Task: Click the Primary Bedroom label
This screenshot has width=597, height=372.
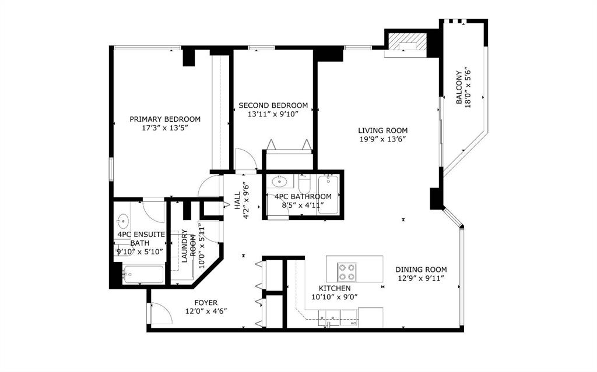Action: pyautogui.click(x=165, y=119)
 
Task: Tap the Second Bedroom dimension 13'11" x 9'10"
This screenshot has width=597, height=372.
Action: pyautogui.click(x=273, y=114)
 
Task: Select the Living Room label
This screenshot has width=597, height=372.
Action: pyautogui.click(x=382, y=130)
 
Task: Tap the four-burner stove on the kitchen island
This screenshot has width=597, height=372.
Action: pyautogui.click(x=346, y=272)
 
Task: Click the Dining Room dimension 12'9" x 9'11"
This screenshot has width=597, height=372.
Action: pyautogui.click(x=421, y=278)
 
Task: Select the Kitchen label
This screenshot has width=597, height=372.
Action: pyautogui.click(x=335, y=288)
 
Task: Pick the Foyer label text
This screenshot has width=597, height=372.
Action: pyautogui.click(x=206, y=303)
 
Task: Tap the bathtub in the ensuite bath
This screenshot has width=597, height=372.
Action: pyautogui.click(x=143, y=274)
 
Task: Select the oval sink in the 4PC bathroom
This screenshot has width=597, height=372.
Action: pyautogui.click(x=280, y=182)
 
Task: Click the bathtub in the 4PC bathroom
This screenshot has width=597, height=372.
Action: pyautogui.click(x=328, y=194)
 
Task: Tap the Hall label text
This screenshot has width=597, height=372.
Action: pyautogui.click(x=238, y=200)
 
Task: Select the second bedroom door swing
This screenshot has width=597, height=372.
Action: pyautogui.click(x=244, y=159)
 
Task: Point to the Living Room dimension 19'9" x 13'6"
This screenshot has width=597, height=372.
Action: pyautogui.click(x=382, y=139)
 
